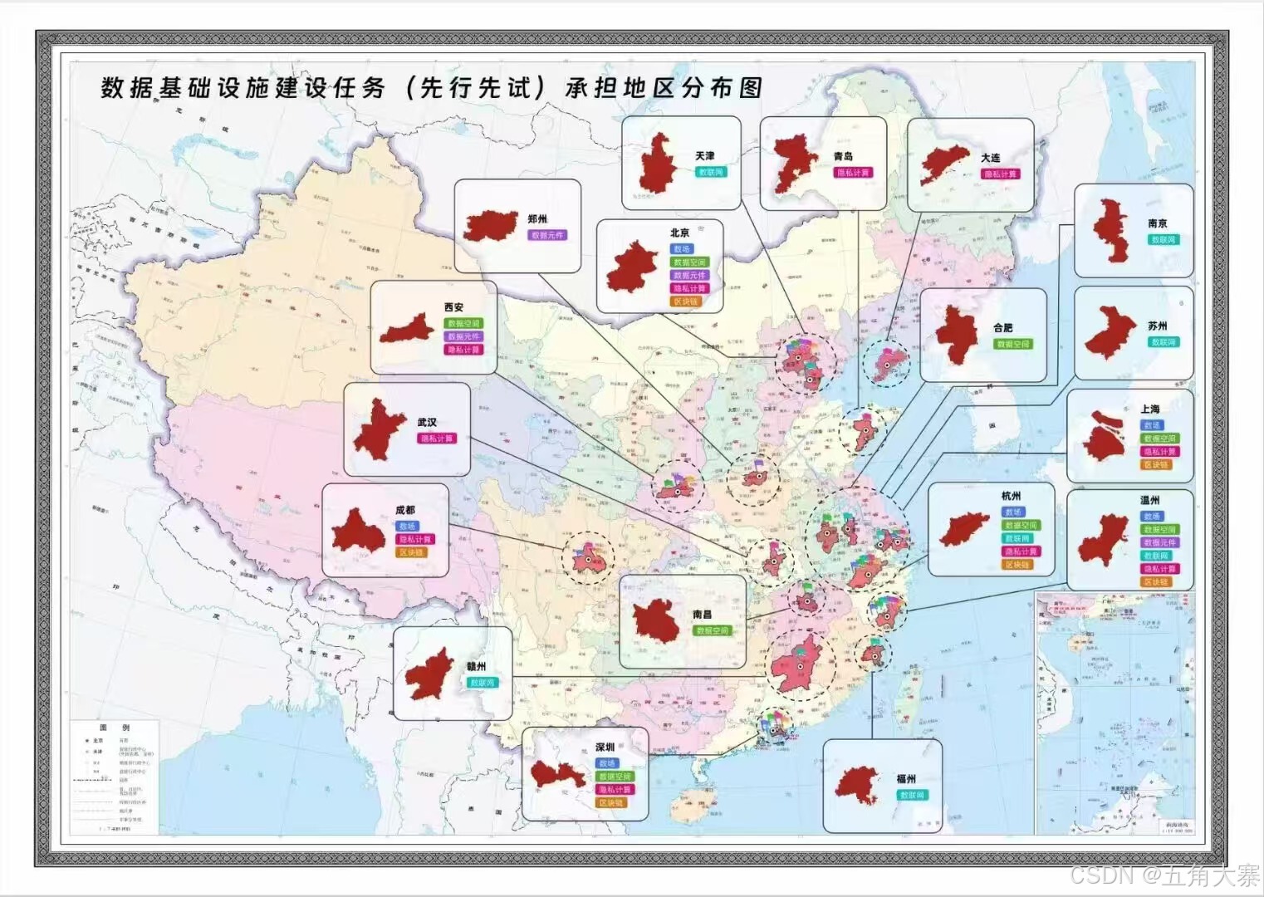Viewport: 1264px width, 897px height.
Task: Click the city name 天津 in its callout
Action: [x=704, y=156]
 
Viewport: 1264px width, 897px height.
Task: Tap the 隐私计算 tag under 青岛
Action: [x=852, y=173]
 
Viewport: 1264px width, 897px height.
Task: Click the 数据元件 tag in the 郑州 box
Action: [x=546, y=235]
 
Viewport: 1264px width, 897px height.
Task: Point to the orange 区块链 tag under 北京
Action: [x=687, y=301]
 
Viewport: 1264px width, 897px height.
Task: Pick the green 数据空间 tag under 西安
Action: [x=463, y=324]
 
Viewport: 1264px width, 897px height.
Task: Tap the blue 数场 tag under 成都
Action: [x=406, y=527]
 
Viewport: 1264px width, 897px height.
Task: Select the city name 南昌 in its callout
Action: [x=702, y=615]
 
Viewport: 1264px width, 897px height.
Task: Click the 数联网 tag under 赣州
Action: [x=482, y=683]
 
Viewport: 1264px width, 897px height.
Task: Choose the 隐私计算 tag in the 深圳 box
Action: [x=614, y=790]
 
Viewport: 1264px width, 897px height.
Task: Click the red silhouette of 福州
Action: [x=858, y=784]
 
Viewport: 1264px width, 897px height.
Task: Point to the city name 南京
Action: [x=1158, y=223]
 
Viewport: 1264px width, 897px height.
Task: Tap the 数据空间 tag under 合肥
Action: [x=1012, y=344]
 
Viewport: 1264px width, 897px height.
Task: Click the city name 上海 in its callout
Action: [x=1150, y=409]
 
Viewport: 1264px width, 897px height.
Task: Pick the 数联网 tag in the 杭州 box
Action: [x=1017, y=539]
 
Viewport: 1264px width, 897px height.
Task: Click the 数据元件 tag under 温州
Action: [x=1159, y=542]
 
